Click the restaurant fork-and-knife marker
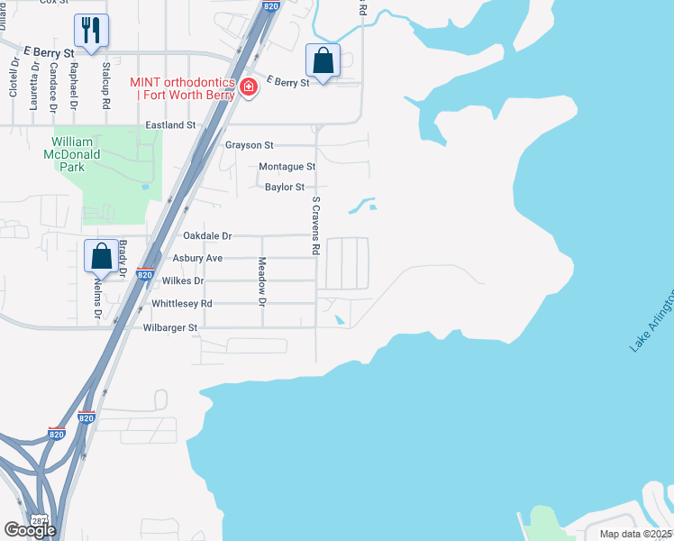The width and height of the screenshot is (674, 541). coord(91,29)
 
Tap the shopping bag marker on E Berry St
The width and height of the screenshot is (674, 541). coord(323,60)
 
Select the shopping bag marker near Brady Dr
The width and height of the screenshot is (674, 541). coord(102,256)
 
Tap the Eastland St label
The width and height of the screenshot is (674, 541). coord(170,124)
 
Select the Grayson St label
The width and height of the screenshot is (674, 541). coord(249,145)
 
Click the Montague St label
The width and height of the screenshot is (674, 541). coord(287,167)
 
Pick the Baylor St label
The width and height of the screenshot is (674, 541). coord(285,188)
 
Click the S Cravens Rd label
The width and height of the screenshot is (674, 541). coord(315,225)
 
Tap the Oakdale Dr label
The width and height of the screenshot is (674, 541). coord(207,236)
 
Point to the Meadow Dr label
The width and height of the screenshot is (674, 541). coord(262,280)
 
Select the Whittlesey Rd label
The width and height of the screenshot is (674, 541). coord(182,304)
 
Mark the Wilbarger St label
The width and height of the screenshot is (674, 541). coord(169,327)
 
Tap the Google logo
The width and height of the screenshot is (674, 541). coord(30,530)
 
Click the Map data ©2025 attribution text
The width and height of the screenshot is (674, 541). coord(635,534)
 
